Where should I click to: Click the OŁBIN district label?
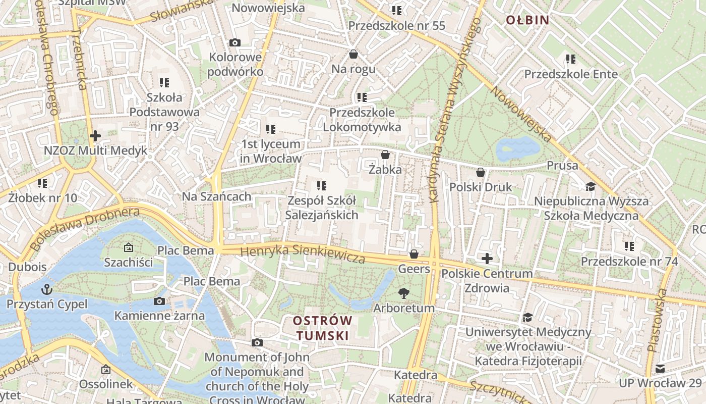click(527, 20)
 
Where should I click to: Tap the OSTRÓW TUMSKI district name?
click(323, 328)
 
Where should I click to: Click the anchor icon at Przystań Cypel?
click(47, 289)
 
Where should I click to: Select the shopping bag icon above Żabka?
click(385, 154)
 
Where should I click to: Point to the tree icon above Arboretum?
click(403, 293)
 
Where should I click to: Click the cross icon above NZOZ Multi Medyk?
click(95, 135)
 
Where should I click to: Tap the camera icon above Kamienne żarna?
click(159, 301)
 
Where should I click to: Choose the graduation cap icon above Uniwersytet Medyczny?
click(527, 317)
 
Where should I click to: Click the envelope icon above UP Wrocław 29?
click(660, 368)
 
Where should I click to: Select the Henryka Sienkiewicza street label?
click(303, 254)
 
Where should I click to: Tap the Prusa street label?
click(562, 166)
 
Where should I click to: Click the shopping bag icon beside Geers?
click(414, 254)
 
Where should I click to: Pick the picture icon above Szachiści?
click(128, 247)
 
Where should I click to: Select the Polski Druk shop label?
click(481, 187)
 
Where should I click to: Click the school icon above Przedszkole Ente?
click(571, 59)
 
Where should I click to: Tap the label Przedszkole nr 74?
click(629, 262)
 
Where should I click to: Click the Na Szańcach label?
click(217, 196)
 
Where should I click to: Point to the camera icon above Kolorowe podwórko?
click(235, 42)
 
